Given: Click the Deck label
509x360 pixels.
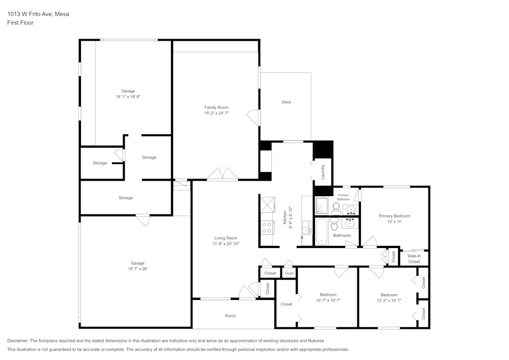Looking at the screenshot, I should (x=286, y=102).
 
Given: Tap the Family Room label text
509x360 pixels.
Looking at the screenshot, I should (x=216, y=107).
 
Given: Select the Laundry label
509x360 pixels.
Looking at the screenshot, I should (x=323, y=172).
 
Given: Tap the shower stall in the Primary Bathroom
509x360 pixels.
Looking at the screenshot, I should (x=322, y=205).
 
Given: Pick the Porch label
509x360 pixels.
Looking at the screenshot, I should (x=230, y=316).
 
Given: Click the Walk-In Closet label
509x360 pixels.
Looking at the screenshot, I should (x=414, y=259).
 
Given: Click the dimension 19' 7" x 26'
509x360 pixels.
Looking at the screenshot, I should (x=137, y=269).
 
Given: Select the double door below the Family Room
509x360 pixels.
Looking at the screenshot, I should (x=222, y=175).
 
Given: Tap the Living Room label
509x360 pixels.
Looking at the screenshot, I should (x=225, y=238).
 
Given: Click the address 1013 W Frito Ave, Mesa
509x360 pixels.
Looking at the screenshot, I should (x=38, y=14).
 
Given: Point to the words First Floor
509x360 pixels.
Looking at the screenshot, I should (x=20, y=23).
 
